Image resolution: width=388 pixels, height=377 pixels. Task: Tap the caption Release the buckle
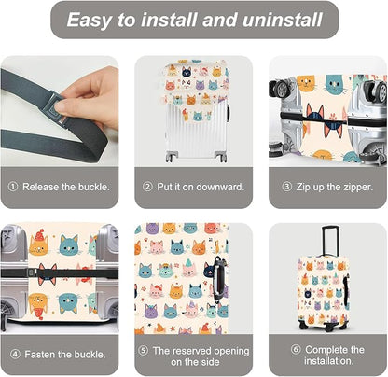(x=65, y=186)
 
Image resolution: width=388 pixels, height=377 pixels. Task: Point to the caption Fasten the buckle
(x=66, y=353)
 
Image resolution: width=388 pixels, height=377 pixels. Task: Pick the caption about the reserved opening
(x=200, y=353)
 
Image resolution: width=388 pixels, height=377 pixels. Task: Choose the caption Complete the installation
(x=334, y=353)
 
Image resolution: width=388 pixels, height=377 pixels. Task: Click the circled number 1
(x=13, y=186)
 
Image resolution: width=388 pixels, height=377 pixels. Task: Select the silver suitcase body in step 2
(x=193, y=131)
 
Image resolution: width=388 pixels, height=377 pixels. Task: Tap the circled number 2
(x=147, y=186)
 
